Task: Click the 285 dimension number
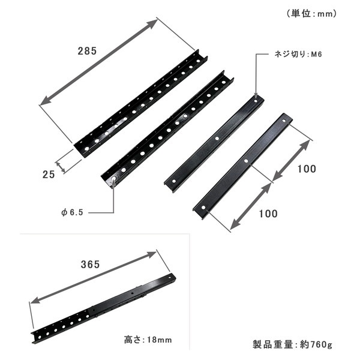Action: tap(87, 51)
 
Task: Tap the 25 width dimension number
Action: tap(49, 174)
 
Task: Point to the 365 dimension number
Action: tap(91, 263)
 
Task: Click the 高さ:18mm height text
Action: tap(148, 339)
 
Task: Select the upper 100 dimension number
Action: tap(306, 169)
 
